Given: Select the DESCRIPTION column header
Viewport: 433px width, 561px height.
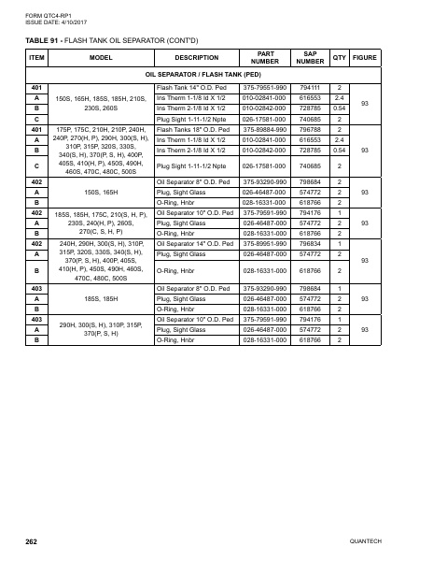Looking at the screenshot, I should coord(197,57).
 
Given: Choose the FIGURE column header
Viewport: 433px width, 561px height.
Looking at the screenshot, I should coord(367,57).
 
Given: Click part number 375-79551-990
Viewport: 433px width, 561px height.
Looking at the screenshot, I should coord(264,87).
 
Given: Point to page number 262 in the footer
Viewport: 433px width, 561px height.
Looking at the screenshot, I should coord(32,540).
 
